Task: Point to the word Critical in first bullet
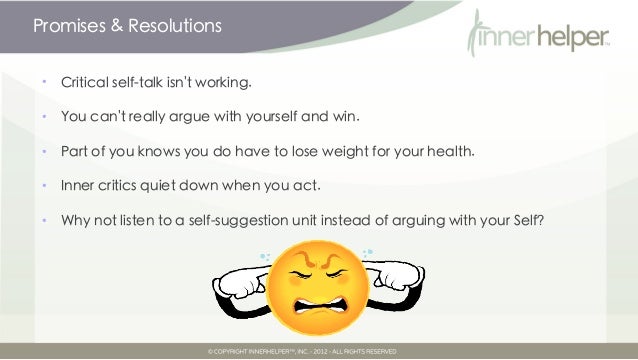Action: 88,80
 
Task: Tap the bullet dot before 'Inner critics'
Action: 44,185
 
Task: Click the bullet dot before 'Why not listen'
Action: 44,220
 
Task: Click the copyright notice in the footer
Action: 303,352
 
